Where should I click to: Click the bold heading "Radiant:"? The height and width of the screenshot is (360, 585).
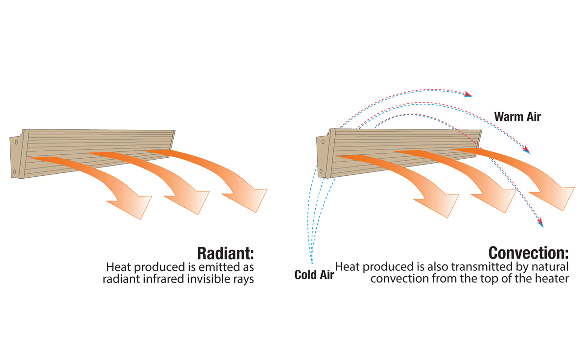(225, 253)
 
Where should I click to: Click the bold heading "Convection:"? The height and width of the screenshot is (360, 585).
(529, 253)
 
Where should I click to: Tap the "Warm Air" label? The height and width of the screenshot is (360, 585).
(517, 117)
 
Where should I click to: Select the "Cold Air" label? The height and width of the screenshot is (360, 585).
(314, 275)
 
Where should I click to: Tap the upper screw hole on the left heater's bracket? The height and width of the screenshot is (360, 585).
(16, 142)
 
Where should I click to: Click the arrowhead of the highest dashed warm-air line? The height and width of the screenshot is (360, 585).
(468, 94)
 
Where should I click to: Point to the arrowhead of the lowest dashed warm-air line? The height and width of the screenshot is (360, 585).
(540, 223)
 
